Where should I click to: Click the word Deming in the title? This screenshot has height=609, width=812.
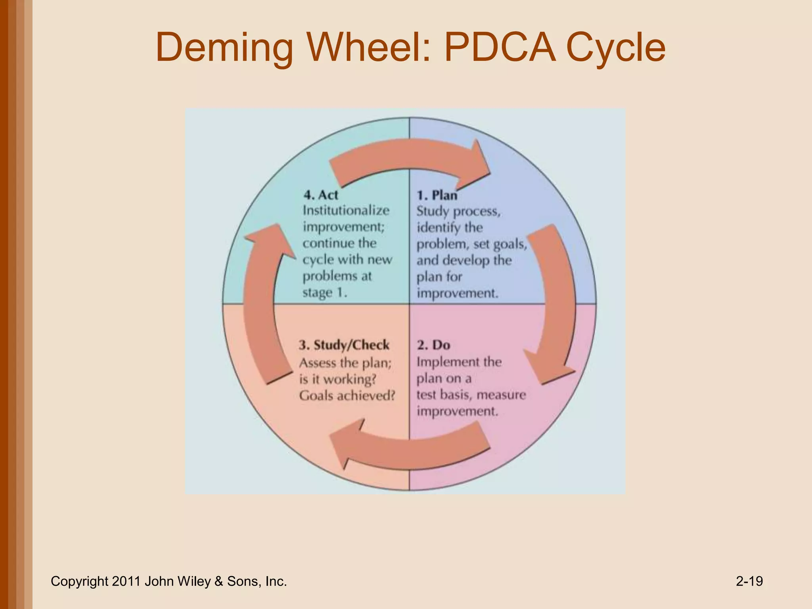(224, 48)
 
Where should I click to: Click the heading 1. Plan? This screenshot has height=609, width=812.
(437, 195)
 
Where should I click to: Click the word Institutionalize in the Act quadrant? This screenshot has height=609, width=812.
(346, 210)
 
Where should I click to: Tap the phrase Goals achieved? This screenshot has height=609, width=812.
(347, 395)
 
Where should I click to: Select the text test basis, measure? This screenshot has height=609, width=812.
(471, 395)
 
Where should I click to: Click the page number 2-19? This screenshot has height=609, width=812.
(749, 581)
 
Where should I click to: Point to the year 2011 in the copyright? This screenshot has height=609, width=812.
(126, 581)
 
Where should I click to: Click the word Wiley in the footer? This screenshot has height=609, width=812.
(195, 581)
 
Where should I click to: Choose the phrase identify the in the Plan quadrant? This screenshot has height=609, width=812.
(449, 227)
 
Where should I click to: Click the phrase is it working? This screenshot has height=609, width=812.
(337, 379)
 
